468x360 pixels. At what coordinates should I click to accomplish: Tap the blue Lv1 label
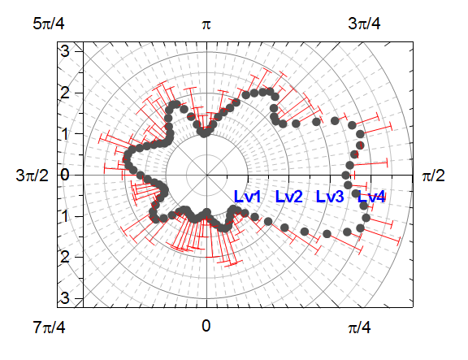click(x=247, y=197)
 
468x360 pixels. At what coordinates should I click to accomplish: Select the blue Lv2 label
click(x=289, y=197)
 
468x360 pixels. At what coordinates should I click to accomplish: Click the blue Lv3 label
click(x=330, y=197)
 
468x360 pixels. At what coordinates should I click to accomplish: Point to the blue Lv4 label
click(x=371, y=197)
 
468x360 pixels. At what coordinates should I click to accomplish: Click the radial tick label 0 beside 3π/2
click(x=65, y=174)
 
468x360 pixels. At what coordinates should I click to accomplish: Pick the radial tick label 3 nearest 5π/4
click(x=65, y=50)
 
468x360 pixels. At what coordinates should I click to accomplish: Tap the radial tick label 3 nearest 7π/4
click(x=65, y=297)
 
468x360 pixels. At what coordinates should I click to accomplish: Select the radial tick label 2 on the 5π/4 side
click(x=65, y=92)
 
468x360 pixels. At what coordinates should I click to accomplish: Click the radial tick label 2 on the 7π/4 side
click(x=65, y=257)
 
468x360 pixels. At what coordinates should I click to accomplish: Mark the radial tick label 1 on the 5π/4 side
click(x=65, y=133)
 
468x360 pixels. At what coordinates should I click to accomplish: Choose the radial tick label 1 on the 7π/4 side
click(x=65, y=215)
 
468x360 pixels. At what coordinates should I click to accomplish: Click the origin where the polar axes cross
click(x=206, y=174)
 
